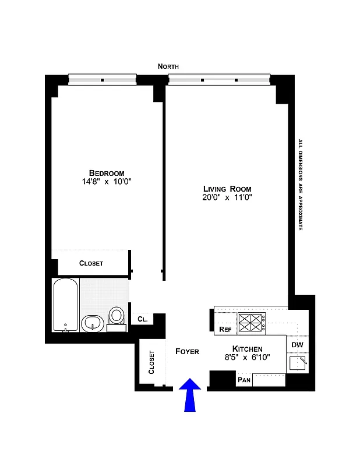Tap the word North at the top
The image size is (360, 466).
pos(168,67)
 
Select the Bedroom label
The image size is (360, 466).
pos(107,173)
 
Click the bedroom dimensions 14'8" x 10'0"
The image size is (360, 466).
pos(107,182)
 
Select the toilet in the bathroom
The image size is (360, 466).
pos(117,317)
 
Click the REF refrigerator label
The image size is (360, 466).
pos(225,330)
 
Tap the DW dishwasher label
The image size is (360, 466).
pos(297,344)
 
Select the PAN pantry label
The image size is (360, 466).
pos(243,380)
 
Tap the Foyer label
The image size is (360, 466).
pos(187,351)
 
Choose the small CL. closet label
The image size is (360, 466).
pos(143,319)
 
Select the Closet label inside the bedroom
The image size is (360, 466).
pos(91,263)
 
